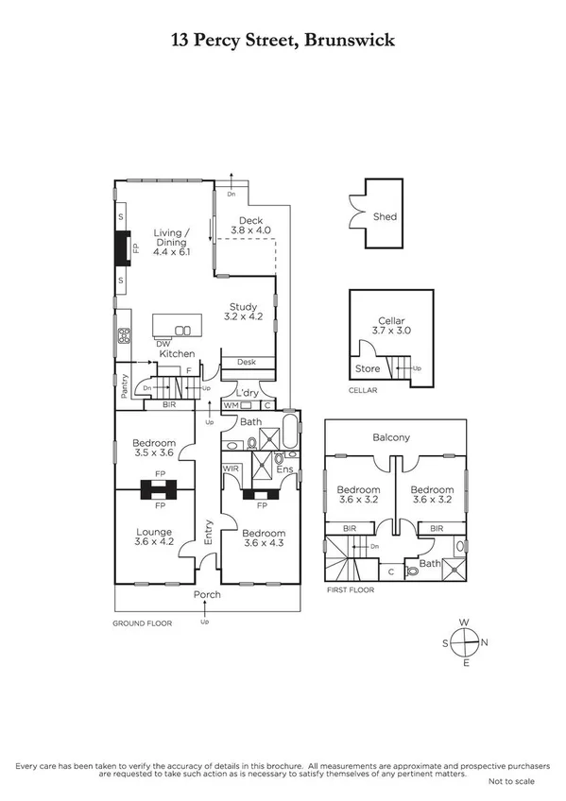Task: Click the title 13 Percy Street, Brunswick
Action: coord(283,40)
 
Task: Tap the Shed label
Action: coord(385,216)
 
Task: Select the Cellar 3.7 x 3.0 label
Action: coord(391,327)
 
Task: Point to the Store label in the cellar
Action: coord(368,368)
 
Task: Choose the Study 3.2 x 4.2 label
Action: coord(245,312)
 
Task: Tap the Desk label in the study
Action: coord(247,362)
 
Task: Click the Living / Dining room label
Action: coord(172,242)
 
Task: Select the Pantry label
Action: coord(124,384)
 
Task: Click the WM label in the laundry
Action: coord(230,405)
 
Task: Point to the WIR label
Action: coord(230,469)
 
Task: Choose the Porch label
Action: coord(207,595)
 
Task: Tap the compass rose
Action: coord(464,643)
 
